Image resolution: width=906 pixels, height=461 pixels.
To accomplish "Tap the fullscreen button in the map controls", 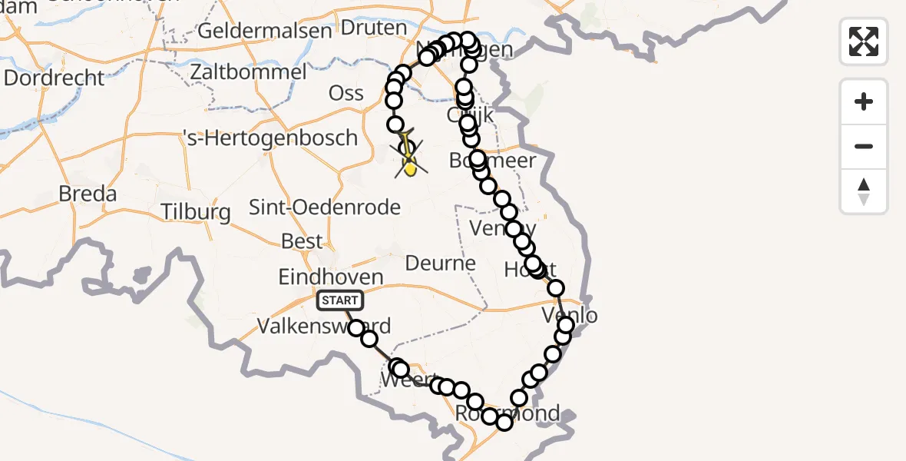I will (x=864, y=41).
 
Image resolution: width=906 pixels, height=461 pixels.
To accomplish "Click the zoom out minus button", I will (x=864, y=146).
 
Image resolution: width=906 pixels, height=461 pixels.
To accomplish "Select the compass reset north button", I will (x=864, y=191).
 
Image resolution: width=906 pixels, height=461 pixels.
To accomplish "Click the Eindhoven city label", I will (x=331, y=277).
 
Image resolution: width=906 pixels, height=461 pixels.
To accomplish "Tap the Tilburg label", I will (x=196, y=211).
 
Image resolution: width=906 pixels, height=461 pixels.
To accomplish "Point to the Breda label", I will (x=88, y=194).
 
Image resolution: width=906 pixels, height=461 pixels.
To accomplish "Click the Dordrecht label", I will (x=54, y=78).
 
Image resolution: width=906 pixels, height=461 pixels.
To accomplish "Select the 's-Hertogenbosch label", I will (x=271, y=138).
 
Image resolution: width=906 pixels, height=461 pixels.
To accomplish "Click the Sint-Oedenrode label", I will (x=325, y=207).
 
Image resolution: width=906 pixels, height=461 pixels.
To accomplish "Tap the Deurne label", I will (x=441, y=264).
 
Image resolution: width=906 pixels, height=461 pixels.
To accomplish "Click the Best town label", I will (x=302, y=241).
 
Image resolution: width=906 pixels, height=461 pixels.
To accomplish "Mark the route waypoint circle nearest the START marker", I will (x=356, y=329).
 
